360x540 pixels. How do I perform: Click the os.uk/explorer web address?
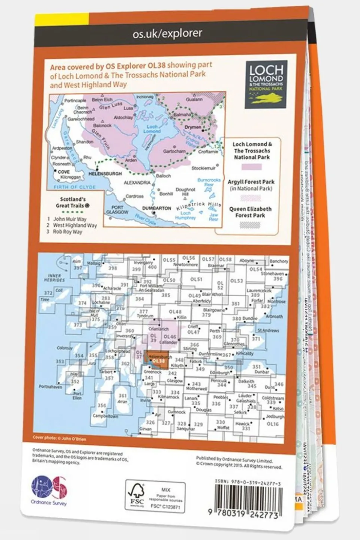click(x=167, y=33)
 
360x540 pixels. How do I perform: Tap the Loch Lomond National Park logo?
click(x=266, y=84)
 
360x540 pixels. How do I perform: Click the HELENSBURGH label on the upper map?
click(x=105, y=174)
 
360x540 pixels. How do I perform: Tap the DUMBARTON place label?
click(x=157, y=208)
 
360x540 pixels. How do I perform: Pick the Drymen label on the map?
click(x=193, y=127)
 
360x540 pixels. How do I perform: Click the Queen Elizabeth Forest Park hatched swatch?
click(x=250, y=225)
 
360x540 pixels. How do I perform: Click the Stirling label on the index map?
click(x=190, y=349)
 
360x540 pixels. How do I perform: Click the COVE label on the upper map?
click(x=64, y=172)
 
